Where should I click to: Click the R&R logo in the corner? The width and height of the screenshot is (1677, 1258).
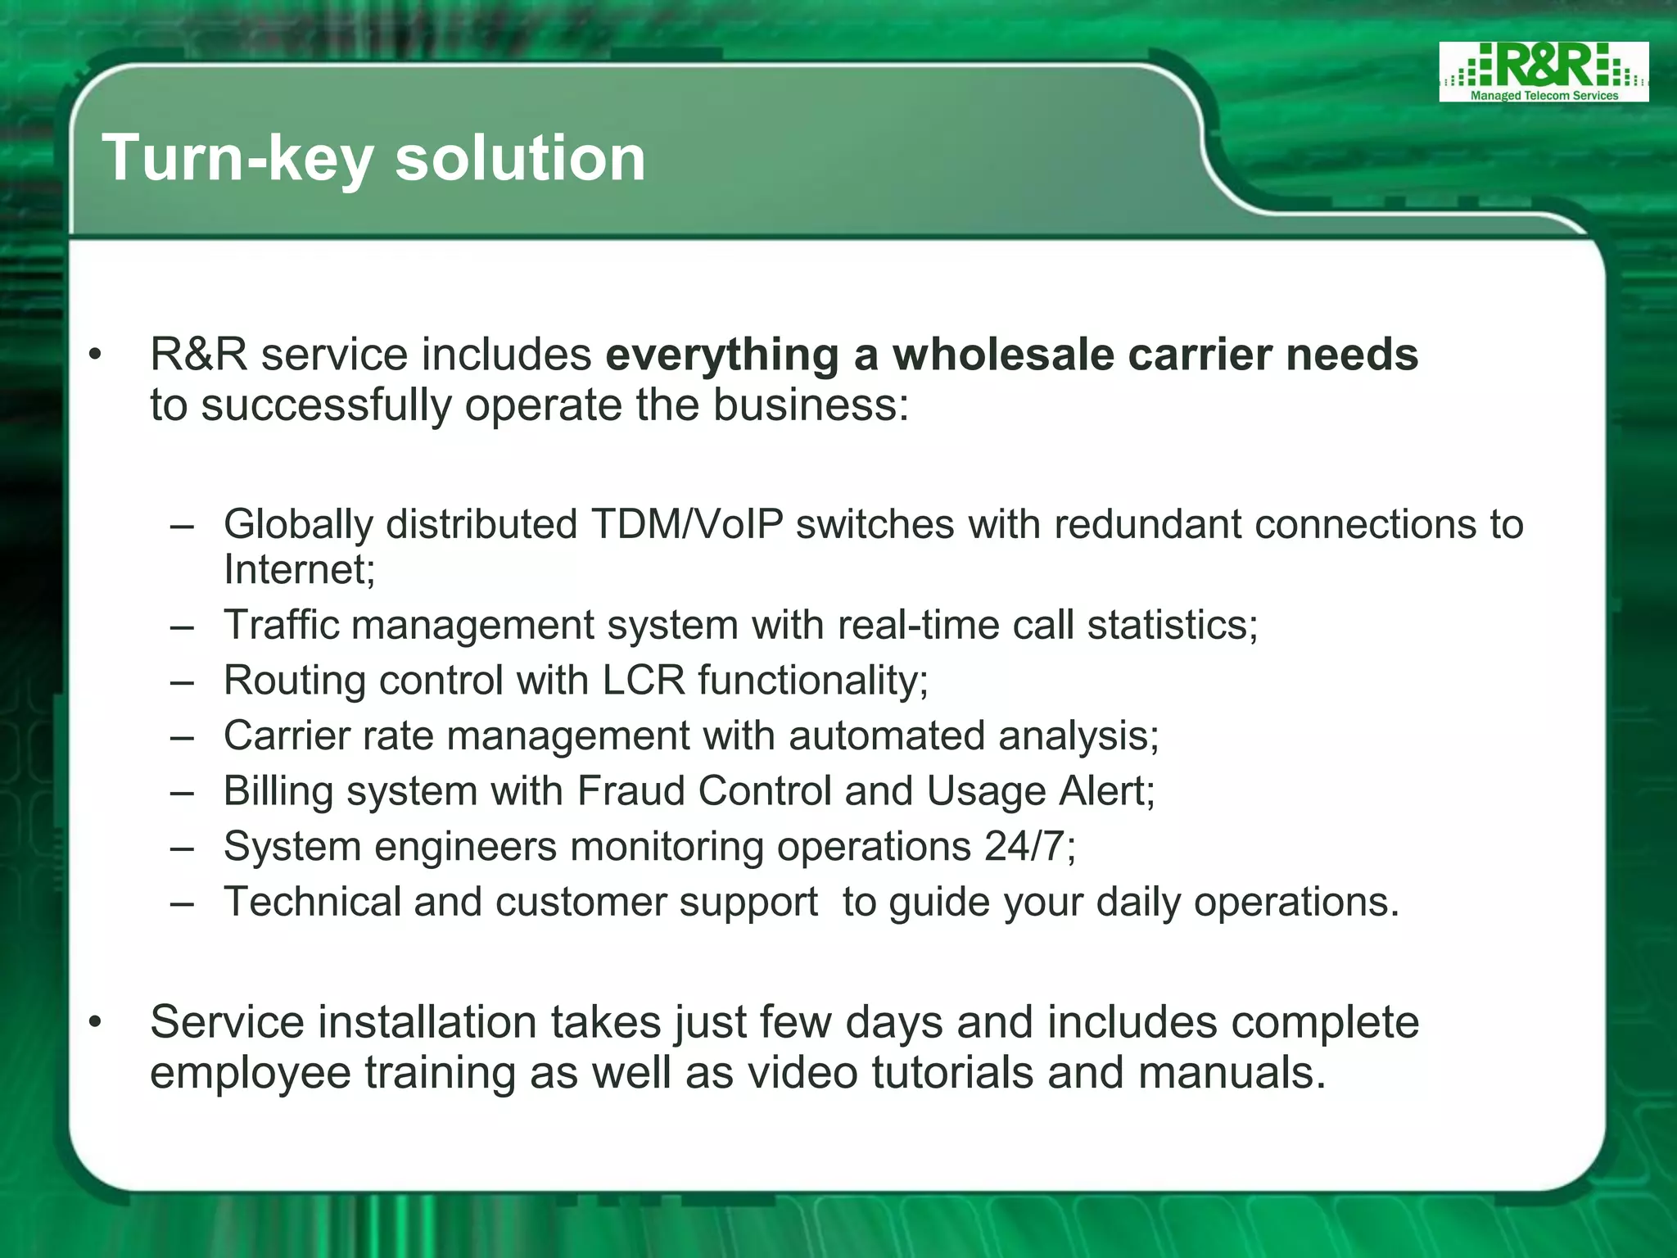click(x=1543, y=72)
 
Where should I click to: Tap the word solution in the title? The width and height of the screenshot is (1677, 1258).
click(x=521, y=157)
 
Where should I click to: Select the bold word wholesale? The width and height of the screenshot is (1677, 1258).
click(x=1003, y=355)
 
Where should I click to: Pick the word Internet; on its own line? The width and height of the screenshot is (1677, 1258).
click(x=299, y=569)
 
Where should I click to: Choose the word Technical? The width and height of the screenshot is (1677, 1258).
click(x=311, y=902)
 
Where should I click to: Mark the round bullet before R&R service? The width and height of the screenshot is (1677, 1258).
click(x=96, y=355)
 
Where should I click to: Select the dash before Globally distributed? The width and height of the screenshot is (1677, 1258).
click(x=182, y=525)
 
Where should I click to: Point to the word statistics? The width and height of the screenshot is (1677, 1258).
click(x=1172, y=625)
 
